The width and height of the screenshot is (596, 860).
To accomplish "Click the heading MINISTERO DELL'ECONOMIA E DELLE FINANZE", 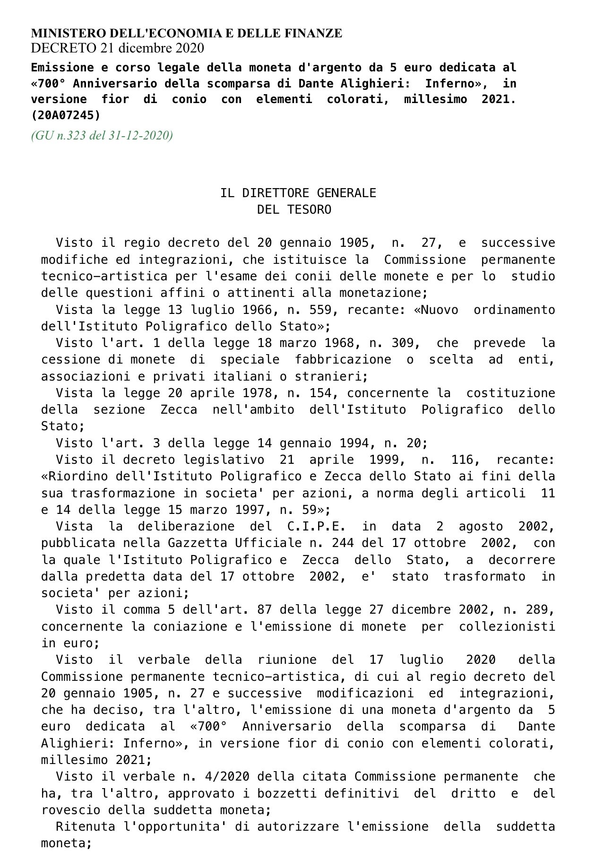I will click(x=186, y=33).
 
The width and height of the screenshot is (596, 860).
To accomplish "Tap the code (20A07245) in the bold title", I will click(x=66, y=115).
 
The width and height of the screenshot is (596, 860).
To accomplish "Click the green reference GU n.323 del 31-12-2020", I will click(x=102, y=136).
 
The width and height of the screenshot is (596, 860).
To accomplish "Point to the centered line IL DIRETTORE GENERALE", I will click(x=298, y=193).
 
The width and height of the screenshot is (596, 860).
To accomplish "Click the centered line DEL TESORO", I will click(x=294, y=209).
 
